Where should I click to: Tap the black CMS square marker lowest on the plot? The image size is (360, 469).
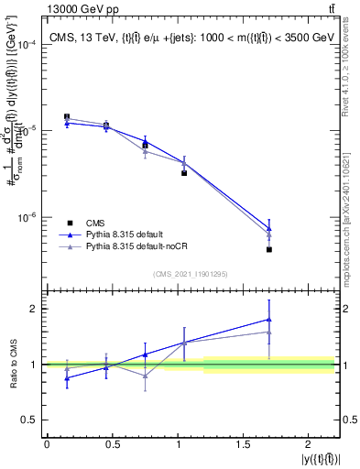269,249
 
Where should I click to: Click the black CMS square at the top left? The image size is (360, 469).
67,117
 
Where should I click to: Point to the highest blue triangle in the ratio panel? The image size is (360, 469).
269,319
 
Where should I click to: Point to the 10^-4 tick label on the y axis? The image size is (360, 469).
26,45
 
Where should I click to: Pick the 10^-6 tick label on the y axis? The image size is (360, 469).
26,218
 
